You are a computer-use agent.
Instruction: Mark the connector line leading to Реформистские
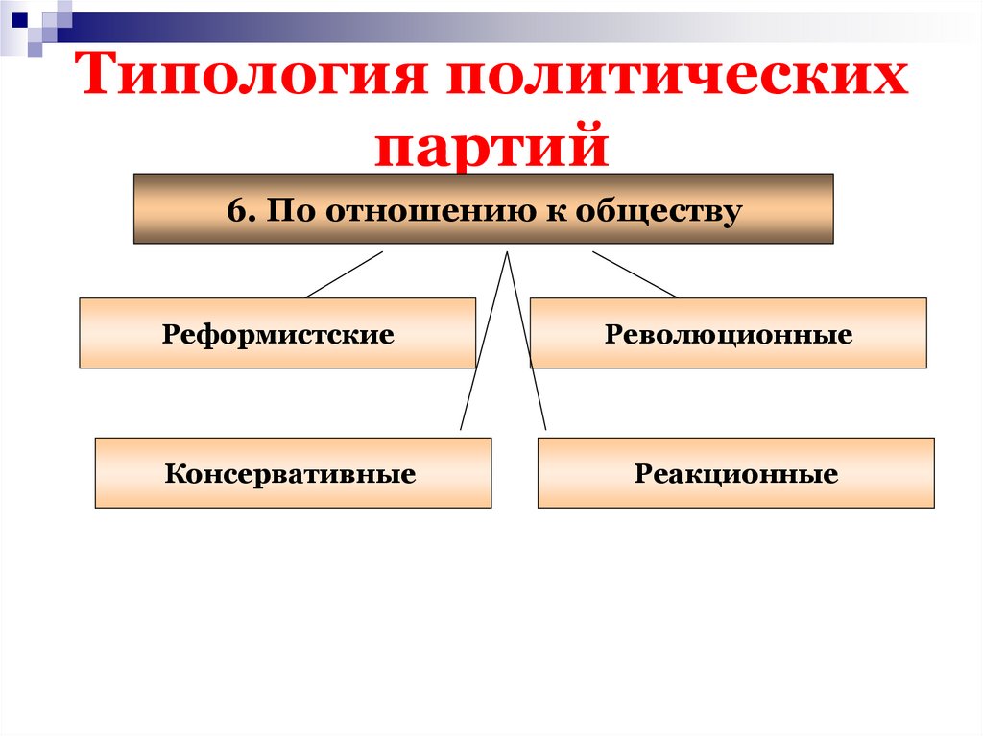[x=344, y=274]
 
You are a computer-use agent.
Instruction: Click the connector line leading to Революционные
[x=635, y=274]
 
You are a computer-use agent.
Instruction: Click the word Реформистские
[x=278, y=336]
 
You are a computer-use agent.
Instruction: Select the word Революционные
[x=729, y=336]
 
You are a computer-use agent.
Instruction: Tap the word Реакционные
[x=735, y=474]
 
